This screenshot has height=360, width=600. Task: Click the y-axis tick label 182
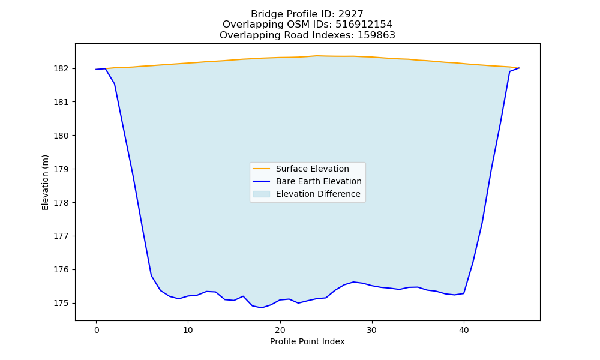[61, 69]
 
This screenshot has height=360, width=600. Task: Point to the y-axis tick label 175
[61, 304]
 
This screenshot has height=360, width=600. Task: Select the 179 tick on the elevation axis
[61, 169]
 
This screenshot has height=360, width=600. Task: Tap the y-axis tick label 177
[61, 236]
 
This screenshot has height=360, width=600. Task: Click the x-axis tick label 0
[97, 330]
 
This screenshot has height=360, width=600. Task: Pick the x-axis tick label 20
[280, 330]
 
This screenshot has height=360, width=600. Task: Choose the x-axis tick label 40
[464, 330]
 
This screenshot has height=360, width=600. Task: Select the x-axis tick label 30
[372, 330]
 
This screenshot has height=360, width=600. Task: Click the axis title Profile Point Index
[307, 341]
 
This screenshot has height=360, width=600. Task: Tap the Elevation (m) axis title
[45, 182]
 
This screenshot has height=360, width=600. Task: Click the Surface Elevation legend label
[312, 169]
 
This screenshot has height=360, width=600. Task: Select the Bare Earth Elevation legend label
[319, 181]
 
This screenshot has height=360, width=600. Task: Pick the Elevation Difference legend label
[318, 194]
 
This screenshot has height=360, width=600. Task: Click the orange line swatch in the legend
[262, 169]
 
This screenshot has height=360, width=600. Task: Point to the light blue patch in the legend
[262, 194]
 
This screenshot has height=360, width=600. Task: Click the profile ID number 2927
[351, 14]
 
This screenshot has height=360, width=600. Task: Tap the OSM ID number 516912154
[364, 25]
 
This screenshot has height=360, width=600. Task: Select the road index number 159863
[376, 35]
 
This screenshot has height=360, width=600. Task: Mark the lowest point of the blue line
[262, 308]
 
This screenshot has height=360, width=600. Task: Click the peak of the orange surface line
[317, 56]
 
